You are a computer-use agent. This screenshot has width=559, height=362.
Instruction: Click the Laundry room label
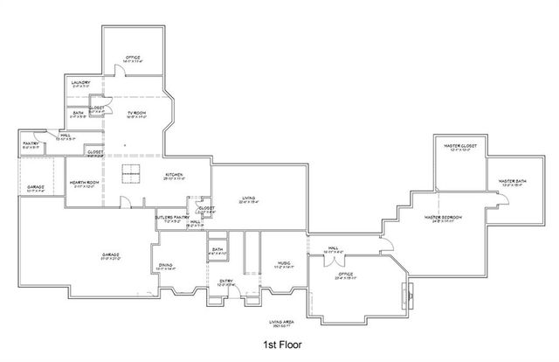(80, 83)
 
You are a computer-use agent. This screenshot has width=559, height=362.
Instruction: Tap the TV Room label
(136, 113)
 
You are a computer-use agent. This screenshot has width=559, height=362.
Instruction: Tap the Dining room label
(166, 266)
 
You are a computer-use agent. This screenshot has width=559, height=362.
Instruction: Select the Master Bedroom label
(443, 217)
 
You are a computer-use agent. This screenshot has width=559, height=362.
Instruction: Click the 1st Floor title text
(282, 346)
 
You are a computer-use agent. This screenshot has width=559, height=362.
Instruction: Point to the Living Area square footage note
(282, 324)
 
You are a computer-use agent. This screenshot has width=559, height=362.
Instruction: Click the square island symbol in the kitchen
(132, 174)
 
